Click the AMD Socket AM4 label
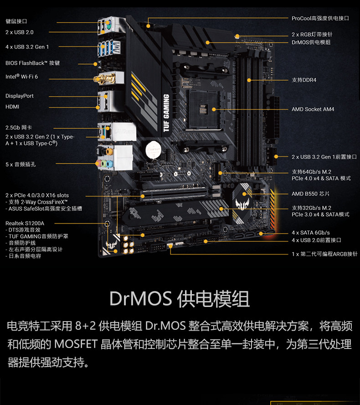[313, 109]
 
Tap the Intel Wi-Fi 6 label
[21, 77]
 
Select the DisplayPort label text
[20, 96]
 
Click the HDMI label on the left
[12, 107]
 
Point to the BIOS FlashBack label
[32, 63]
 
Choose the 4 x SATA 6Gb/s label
[310, 233]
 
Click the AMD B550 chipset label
[310, 194]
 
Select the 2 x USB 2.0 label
[19, 32]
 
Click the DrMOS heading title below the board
[180, 299]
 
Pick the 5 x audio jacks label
[21, 164]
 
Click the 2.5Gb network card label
[19, 128]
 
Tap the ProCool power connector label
[320, 18]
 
